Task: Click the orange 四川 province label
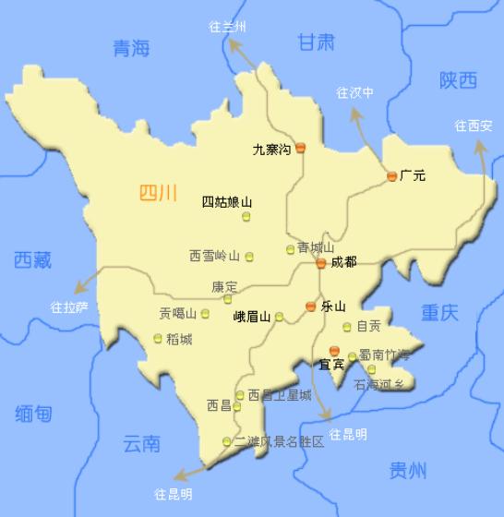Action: pyautogui.click(x=157, y=193)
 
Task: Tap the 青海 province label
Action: pyautogui.click(x=130, y=49)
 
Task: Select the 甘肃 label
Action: pyautogui.click(x=316, y=42)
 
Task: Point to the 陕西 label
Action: pyautogui.click(x=458, y=81)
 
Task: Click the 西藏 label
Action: pyautogui.click(x=33, y=260)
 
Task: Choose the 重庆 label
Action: pyautogui.click(x=439, y=312)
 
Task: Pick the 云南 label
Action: pyautogui.click(x=141, y=444)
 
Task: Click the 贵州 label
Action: pyautogui.click(x=408, y=472)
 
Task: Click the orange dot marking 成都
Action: pyautogui.click(x=320, y=263)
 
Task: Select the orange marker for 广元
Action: pyautogui.click(x=391, y=176)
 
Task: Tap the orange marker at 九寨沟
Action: pyautogui.click(x=300, y=148)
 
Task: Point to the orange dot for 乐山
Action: pyautogui.click(x=311, y=307)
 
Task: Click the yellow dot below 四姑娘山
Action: pyautogui.click(x=246, y=217)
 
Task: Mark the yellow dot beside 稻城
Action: pyautogui.click(x=158, y=338)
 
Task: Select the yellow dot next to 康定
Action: pyautogui.click(x=227, y=299)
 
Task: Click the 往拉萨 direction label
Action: pyautogui.click(x=68, y=306)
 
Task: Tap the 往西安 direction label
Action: pyautogui.click(x=474, y=126)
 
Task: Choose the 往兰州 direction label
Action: pyautogui.click(x=227, y=27)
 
